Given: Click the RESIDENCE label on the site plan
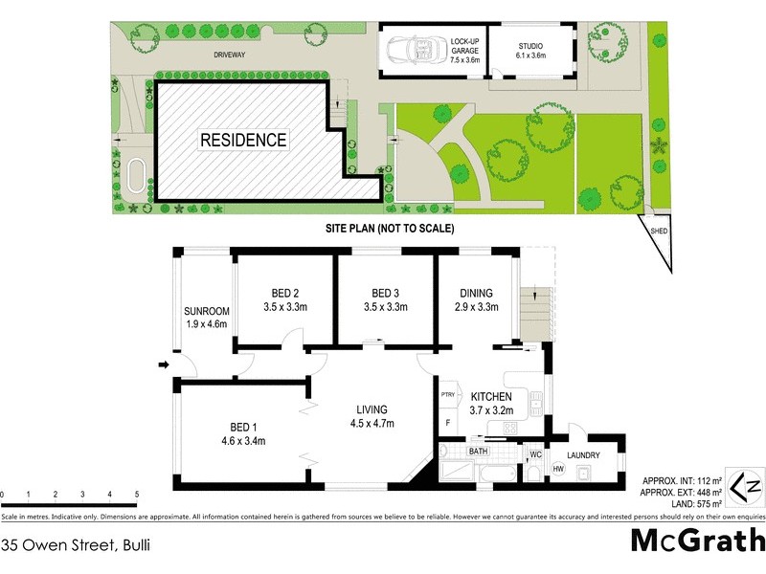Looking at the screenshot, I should (x=242, y=140).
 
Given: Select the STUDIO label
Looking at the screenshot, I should (x=530, y=45).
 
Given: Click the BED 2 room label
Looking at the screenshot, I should (x=284, y=293).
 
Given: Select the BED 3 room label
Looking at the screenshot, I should (x=384, y=293).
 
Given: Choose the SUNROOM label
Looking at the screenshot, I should (x=207, y=311).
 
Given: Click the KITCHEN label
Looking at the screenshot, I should (x=490, y=396).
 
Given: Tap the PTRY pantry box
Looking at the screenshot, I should (x=447, y=394).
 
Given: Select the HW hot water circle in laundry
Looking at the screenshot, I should (x=558, y=469).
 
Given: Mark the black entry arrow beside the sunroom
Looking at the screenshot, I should (x=164, y=364).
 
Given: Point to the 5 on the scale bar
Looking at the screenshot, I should (x=137, y=495).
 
